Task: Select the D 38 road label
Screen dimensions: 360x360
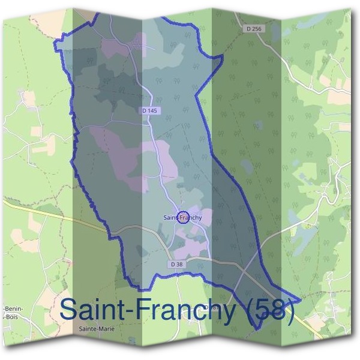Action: coord(176,264)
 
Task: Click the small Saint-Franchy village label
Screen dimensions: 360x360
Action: coord(182,217)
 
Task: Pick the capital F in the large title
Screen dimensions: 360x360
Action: coord(148,310)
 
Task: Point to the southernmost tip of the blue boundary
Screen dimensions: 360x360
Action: coord(257,329)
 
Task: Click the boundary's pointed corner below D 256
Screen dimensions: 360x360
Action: coord(223,58)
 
